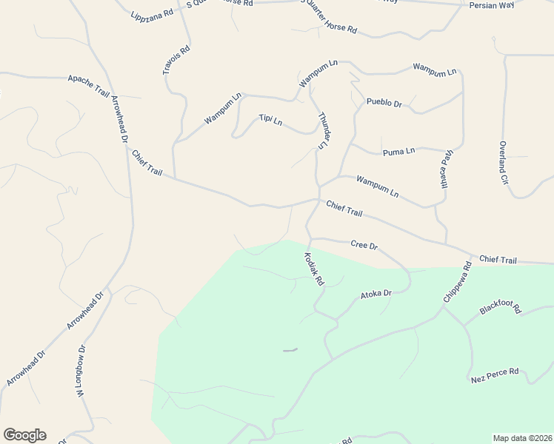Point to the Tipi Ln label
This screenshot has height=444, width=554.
coord(270,120)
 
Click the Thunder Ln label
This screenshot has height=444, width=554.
coord(323,131)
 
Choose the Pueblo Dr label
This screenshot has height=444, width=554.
coord(384,104)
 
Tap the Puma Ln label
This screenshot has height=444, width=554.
coord(398,152)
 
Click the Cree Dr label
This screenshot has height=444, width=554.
coord(364,244)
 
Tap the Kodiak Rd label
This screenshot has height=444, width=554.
coord(314,269)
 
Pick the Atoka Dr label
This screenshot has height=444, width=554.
coord(376,294)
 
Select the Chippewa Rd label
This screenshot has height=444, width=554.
coord(457,282)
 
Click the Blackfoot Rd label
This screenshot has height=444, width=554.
coord(501,308)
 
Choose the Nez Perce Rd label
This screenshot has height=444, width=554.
coord(495,375)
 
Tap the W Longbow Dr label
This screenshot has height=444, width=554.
coord(81,372)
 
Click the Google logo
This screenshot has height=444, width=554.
coord(24,435)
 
